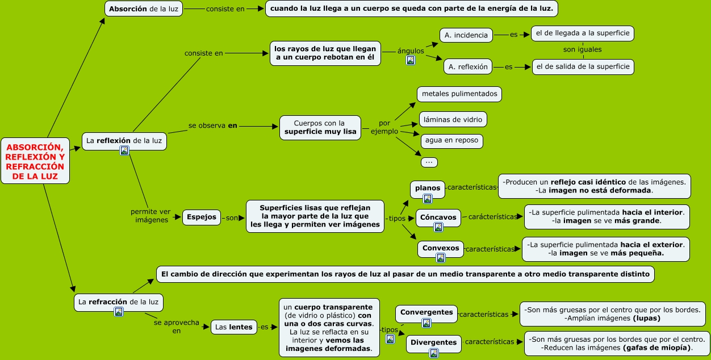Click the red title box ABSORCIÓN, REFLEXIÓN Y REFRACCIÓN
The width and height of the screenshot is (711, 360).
pos(35,161)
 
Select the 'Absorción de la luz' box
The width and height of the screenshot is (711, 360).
pos(144,9)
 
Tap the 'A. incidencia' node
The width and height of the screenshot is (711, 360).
pos(466,35)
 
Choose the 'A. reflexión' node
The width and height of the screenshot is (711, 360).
pos(468,66)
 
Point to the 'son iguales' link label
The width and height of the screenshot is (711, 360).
pos(582,49)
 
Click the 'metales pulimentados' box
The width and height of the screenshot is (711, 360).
pos(459,94)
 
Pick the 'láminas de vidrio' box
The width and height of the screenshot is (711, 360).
pos(453,119)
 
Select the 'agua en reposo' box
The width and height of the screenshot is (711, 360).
pos(451,141)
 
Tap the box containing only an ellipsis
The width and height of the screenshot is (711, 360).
pos(429,162)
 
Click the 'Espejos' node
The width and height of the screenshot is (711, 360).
pos(202,217)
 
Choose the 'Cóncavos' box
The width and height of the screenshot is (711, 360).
pos(439,217)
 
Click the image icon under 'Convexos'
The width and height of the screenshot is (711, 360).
pos(441,258)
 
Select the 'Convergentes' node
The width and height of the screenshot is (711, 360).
pos(426,312)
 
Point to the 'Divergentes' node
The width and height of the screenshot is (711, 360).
pos(433,342)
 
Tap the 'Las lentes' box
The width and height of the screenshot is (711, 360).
pos(233,327)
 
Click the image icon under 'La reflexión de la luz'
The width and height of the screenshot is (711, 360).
pos(124,150)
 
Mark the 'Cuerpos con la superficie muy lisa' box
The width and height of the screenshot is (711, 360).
pos(320,128)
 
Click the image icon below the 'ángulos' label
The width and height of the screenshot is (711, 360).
pos(411,60)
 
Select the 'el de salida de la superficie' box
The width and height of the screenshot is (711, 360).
pos(582,66)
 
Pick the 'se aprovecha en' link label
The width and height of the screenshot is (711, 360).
pos(177,326)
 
